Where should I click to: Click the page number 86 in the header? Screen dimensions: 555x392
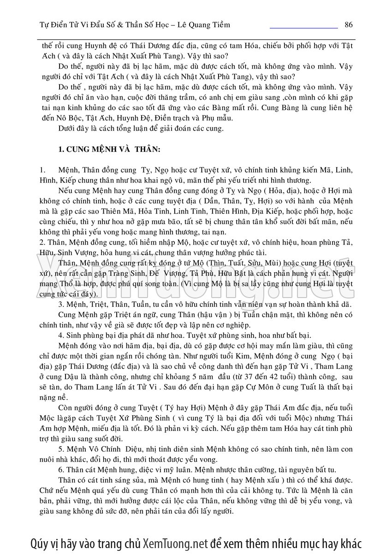point(348,24)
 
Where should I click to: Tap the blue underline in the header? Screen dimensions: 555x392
point(303,29)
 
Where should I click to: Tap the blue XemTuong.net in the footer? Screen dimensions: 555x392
point(176,543)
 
